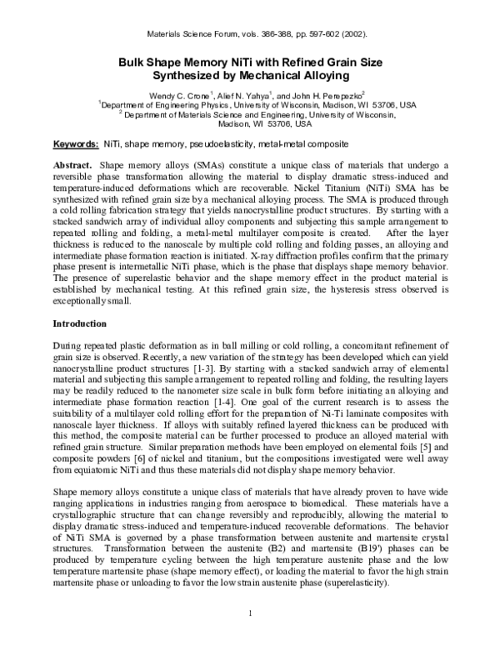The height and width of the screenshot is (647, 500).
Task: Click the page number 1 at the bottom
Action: click(x=249, y=615)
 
